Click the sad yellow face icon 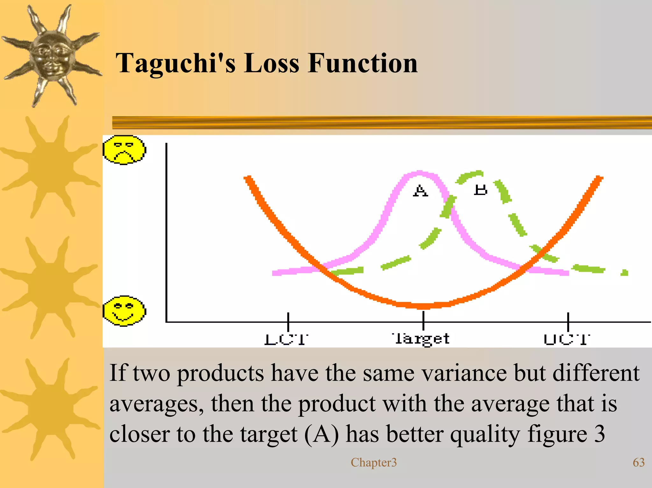tap(124, 150)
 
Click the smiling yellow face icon tap(124, 311)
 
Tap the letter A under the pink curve tap(420, 191)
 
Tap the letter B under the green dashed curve tap(480, 190)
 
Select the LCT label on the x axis tap(287, 339)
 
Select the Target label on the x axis tap(421, 339)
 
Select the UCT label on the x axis tap(567, 339)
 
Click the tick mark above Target tap(423, 321)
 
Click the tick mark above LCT tap(288, 321)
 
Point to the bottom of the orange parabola tap(423, 306)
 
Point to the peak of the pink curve tap(419, 174)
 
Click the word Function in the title tap(363, 63)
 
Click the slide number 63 tap(638, 462)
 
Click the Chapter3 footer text tap(374, 463)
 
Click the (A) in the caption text tap(322, 434)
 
